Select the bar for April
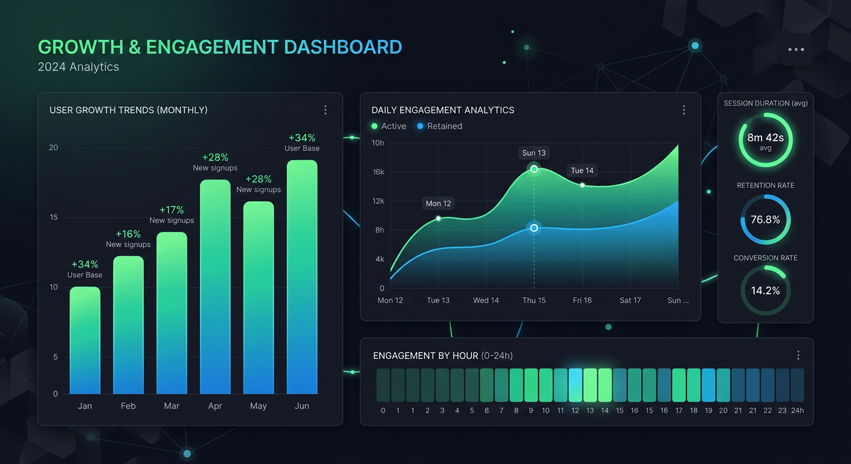[215, 287]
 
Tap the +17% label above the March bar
[172, 210]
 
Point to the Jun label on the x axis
[302, 406]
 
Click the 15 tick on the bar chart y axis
[53, 217]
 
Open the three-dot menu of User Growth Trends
[325, 110]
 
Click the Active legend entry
[389, 126]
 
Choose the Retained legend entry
[439, 126]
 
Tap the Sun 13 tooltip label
[534, 153]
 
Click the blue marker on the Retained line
[534, 228]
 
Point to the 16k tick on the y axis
[378, 172]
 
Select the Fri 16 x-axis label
[582, 300]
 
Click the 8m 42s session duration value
[765, 138]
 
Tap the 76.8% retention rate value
[765, 220]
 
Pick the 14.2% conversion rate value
[765, 291]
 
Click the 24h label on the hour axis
[797, 411]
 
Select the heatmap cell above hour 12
[575, 385]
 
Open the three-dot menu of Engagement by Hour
[798, 355]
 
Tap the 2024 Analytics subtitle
[79, 67]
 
